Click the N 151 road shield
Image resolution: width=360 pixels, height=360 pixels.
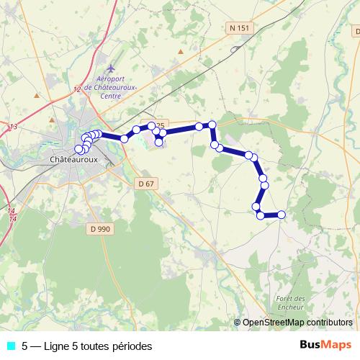coord(239,28)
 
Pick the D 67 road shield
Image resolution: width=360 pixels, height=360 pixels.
coord(145,184)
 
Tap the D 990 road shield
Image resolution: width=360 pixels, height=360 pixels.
coord(102,228)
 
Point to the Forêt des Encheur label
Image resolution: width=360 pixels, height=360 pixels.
coord(291,302)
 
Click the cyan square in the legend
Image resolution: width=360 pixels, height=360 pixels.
coord(10,346)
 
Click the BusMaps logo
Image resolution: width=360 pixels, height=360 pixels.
coord(325,346)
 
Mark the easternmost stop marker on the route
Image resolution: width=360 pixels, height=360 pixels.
coord(282,214)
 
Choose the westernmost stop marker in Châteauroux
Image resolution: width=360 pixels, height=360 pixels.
coord(79,149)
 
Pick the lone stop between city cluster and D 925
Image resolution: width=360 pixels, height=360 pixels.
coord(125,138)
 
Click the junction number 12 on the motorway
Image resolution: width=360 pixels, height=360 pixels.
coord(77,89)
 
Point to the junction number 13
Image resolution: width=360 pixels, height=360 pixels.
coord(13,127)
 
